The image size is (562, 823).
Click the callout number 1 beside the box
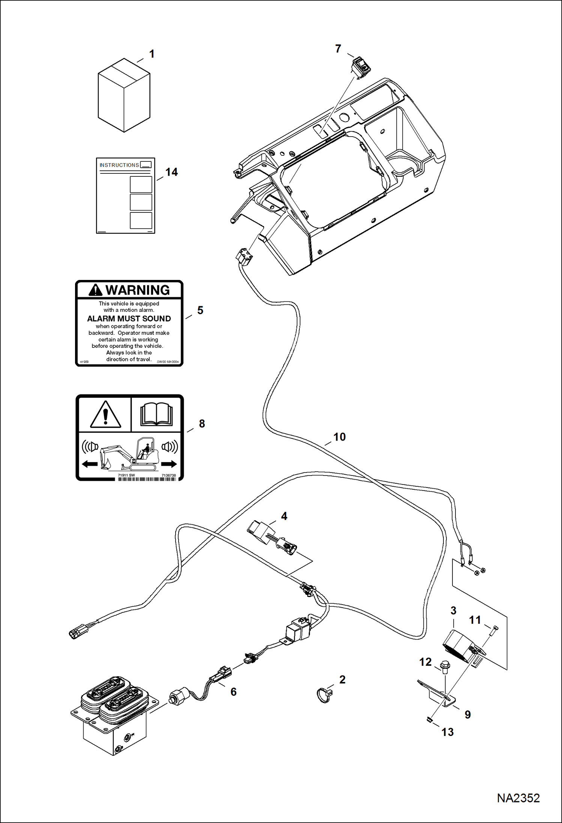click(x=152, y=54)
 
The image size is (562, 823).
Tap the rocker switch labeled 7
click(x=361, y=67)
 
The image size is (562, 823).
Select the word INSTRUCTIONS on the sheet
click(x=119, y=165)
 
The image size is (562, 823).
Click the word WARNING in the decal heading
click(x=137, y=290)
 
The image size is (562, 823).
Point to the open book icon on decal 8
click(x=156, y=414)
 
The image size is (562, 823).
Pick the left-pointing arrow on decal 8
click(x=90, y=464)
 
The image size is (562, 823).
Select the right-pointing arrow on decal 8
click(x=169, y=464)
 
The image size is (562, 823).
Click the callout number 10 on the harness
click(x=339, y=437)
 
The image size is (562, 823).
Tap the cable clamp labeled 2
click(x=325, y=695)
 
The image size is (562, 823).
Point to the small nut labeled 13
click(x=429, y=719)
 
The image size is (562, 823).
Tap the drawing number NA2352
click(x=518, y=798)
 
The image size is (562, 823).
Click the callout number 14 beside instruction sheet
click(x=171, y=172)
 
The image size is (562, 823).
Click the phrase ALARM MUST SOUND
click(x=129, y=319)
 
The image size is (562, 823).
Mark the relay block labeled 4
click(x=261, y=530)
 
